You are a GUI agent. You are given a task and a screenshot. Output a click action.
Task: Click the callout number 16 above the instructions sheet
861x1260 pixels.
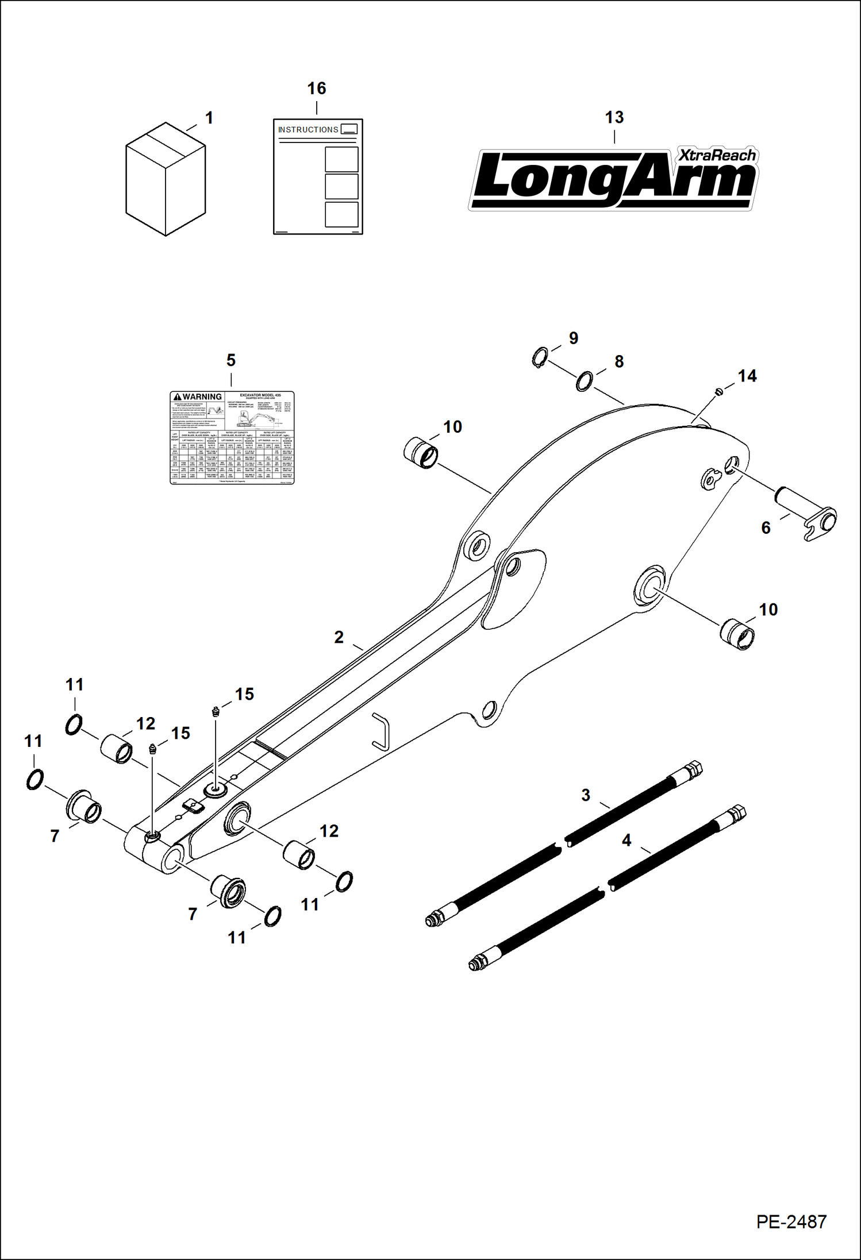316,88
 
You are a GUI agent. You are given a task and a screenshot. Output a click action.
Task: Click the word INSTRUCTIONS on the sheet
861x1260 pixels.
308,130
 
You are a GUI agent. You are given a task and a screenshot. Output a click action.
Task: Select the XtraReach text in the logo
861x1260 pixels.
717,155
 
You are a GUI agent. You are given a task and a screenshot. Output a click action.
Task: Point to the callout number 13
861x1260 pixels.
614,117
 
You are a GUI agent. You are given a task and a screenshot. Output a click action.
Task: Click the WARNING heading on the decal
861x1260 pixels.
198,396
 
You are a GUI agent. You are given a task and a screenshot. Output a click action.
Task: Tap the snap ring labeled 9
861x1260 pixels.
539,357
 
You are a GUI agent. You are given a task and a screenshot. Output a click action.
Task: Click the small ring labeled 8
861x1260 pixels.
584,382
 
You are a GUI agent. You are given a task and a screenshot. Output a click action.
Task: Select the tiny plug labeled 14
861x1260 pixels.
718,392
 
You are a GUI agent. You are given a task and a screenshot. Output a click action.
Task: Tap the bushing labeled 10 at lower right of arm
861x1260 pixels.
737,634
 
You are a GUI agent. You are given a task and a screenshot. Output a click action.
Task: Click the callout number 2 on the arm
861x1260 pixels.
339,637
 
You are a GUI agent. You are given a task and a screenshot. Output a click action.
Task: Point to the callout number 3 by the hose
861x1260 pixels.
586,795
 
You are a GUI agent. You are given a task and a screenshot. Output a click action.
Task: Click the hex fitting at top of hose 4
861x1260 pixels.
737,814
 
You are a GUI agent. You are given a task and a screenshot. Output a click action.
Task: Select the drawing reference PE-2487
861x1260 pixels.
791,1222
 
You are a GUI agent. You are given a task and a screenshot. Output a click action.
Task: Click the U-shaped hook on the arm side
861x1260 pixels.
381,731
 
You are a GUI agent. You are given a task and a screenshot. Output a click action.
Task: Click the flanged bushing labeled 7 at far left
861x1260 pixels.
84,808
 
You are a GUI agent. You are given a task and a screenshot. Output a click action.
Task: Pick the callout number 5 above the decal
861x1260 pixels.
230,360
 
